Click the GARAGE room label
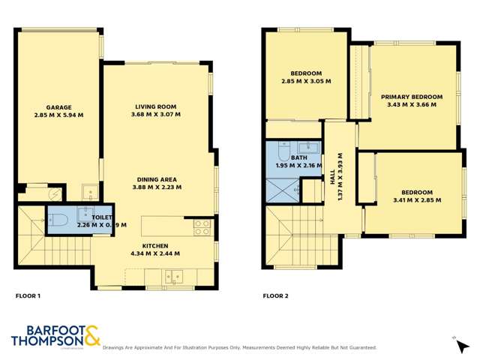coord(58,107)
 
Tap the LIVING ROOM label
coord(157,106)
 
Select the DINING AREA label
coord(157,178)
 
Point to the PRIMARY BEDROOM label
coord(411,97)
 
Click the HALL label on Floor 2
coord(332,178)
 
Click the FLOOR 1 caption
coord(28,296)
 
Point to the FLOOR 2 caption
coord(276,296)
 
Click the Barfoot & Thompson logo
coord(55,335)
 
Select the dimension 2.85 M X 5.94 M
coord(58,115)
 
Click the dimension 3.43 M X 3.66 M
coord(411,105)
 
